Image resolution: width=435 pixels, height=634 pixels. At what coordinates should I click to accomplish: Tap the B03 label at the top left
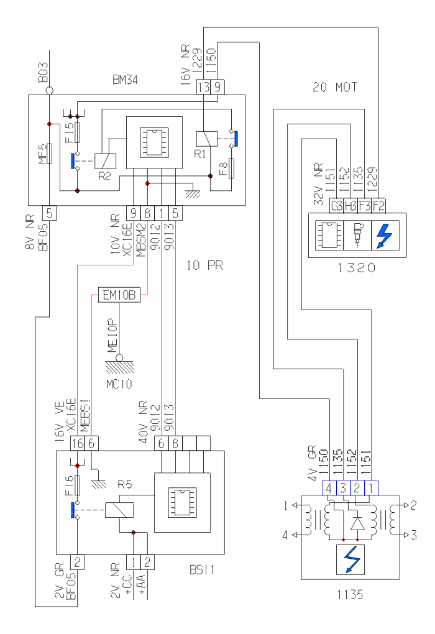coord(42,77)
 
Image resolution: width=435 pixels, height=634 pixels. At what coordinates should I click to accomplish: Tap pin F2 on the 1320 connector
coord(379,206)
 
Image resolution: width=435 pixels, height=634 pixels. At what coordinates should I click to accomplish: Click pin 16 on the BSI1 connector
coord(78,443)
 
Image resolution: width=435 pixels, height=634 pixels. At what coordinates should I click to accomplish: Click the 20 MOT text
coord(335,88)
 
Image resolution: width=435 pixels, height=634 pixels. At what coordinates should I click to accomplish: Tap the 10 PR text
coord(204,265)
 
